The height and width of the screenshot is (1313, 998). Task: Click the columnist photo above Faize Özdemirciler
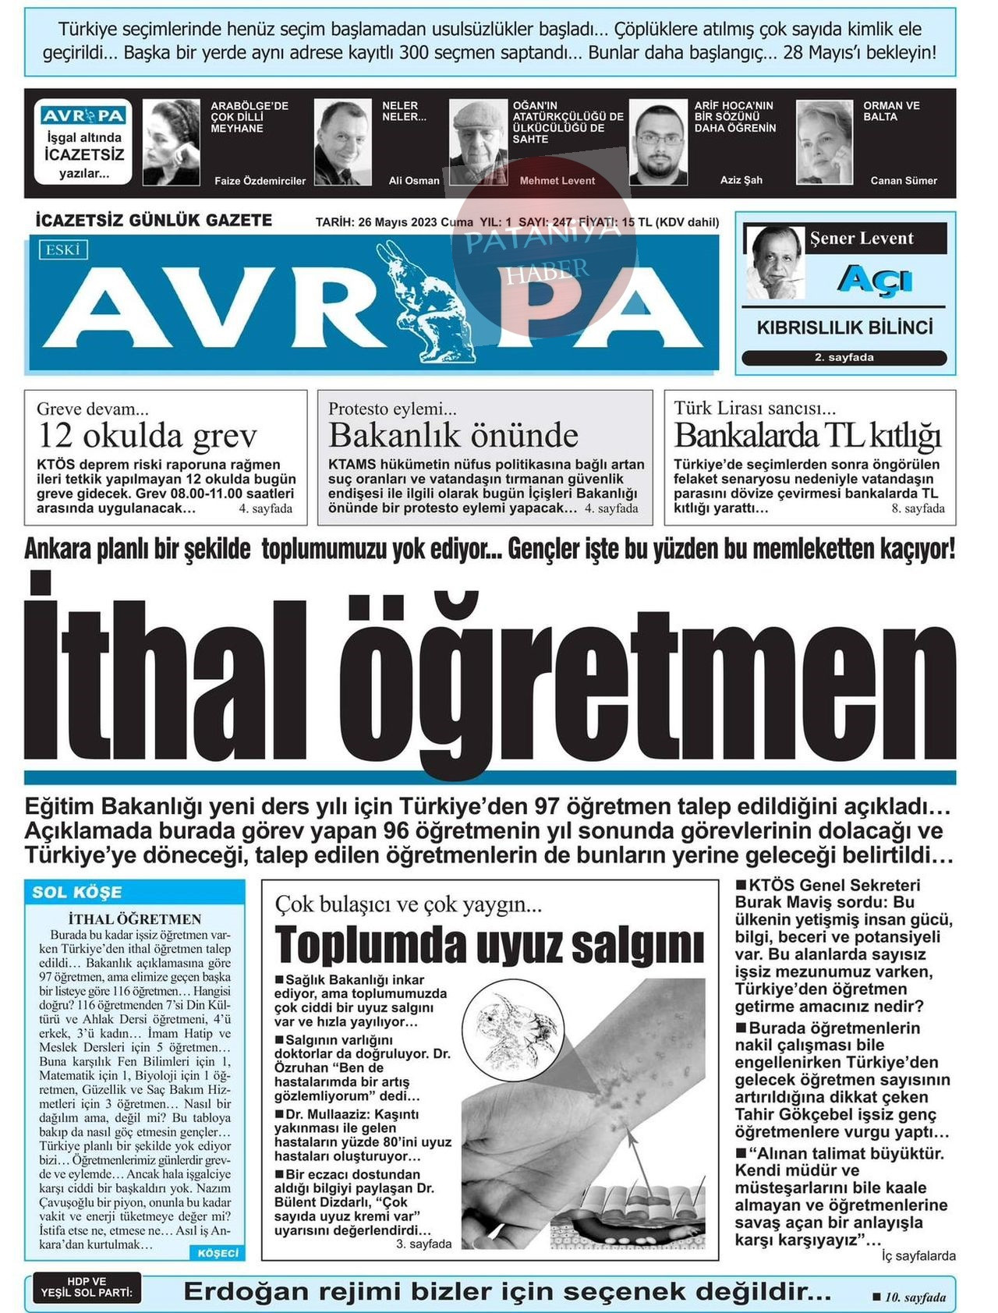(171, 143)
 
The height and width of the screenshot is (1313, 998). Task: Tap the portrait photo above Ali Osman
(342, 143)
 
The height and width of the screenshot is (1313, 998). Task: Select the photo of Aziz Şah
(658, 143)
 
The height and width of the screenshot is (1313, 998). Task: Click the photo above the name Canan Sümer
(824, 143)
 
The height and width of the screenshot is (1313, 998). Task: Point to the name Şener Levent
(861, 239)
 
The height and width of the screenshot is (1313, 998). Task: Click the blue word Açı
(874, 278)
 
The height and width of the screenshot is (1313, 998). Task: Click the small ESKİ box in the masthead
(63, 250)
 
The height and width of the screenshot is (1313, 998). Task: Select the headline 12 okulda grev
(147, 435)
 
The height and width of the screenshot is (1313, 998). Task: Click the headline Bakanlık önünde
(453, 435)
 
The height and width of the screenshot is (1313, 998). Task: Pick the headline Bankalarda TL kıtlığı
(807, 435)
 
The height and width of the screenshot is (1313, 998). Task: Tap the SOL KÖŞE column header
(77, 892)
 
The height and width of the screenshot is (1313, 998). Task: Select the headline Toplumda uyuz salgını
(489, 944)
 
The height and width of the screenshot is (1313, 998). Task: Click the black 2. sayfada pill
(844, 358)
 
